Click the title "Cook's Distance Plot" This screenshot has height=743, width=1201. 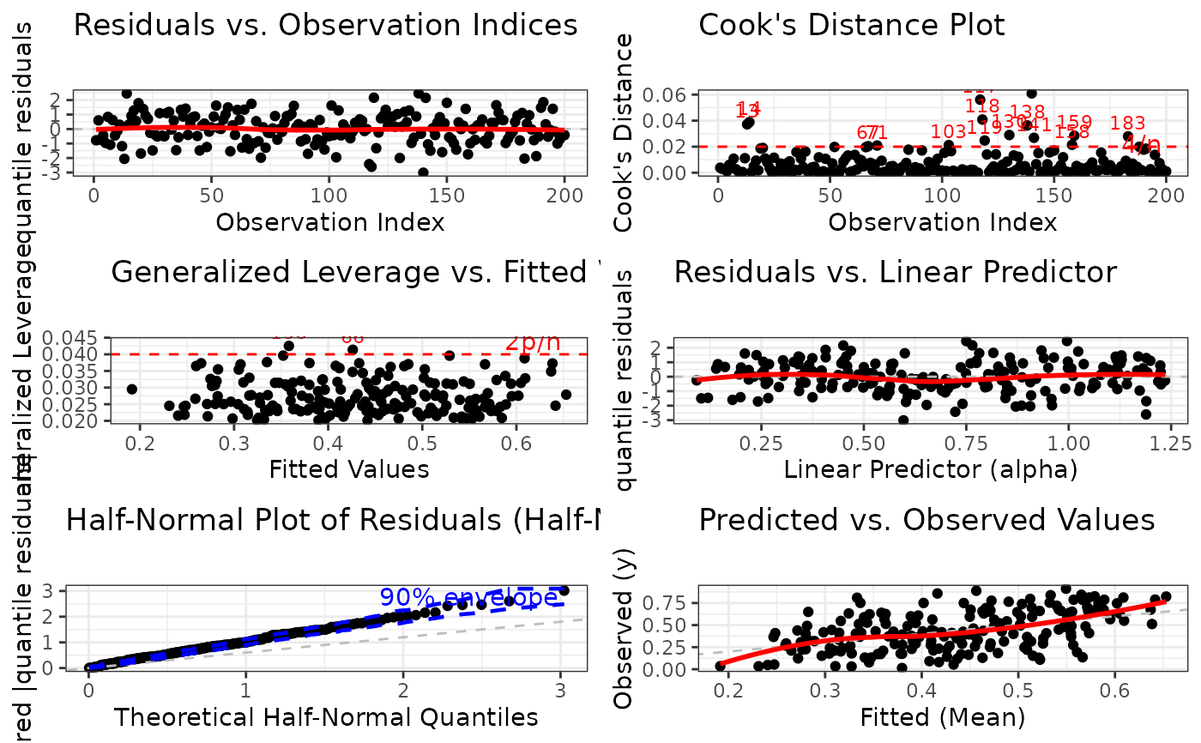click(851, 25)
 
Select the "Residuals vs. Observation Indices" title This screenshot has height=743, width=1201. click(326, 25)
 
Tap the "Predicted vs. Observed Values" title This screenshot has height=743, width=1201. click(926, 519)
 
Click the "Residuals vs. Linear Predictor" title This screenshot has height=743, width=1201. click(896, 272)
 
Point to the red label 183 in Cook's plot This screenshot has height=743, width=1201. click(1127, 124)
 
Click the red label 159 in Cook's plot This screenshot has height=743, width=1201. click(1074, 122)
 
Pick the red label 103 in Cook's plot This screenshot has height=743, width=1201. click(948, 132)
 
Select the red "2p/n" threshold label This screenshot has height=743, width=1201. click(532, 341)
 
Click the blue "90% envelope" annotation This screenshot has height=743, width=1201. click(468, 597)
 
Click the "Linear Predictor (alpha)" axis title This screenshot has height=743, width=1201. click(931, 469)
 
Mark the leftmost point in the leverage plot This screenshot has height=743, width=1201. click(132, 389)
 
